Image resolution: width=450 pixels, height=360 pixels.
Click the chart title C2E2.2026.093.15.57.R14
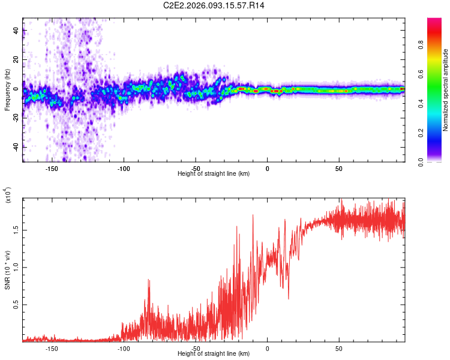(x=214, y=5)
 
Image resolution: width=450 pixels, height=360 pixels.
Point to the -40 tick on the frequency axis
(x=16, y=147)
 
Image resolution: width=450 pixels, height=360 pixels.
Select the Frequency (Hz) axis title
(x=7, y=90)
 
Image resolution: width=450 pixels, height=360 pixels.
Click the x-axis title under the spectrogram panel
(x=214, y=173)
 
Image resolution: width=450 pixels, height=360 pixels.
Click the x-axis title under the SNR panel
(x=214, y=353)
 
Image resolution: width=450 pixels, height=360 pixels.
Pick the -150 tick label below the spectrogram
(x=52, y=168)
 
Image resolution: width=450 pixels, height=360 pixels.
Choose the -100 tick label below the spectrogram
(x=124, y=168)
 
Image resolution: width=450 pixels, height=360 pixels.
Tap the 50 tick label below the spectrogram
(x=339, y=168)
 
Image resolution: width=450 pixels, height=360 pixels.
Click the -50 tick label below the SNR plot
(x=196, y=348)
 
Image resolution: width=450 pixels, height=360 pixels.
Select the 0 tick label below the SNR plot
(x=268, y=348)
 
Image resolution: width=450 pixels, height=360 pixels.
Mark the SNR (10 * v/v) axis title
(x=7, y=270)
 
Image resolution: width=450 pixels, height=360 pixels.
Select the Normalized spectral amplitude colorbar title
(x=445, y=90)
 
